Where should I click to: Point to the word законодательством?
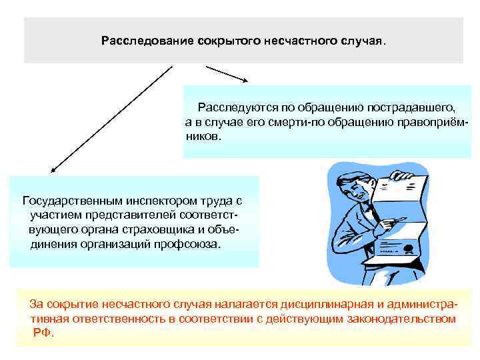398,319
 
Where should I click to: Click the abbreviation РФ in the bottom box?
41,332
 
